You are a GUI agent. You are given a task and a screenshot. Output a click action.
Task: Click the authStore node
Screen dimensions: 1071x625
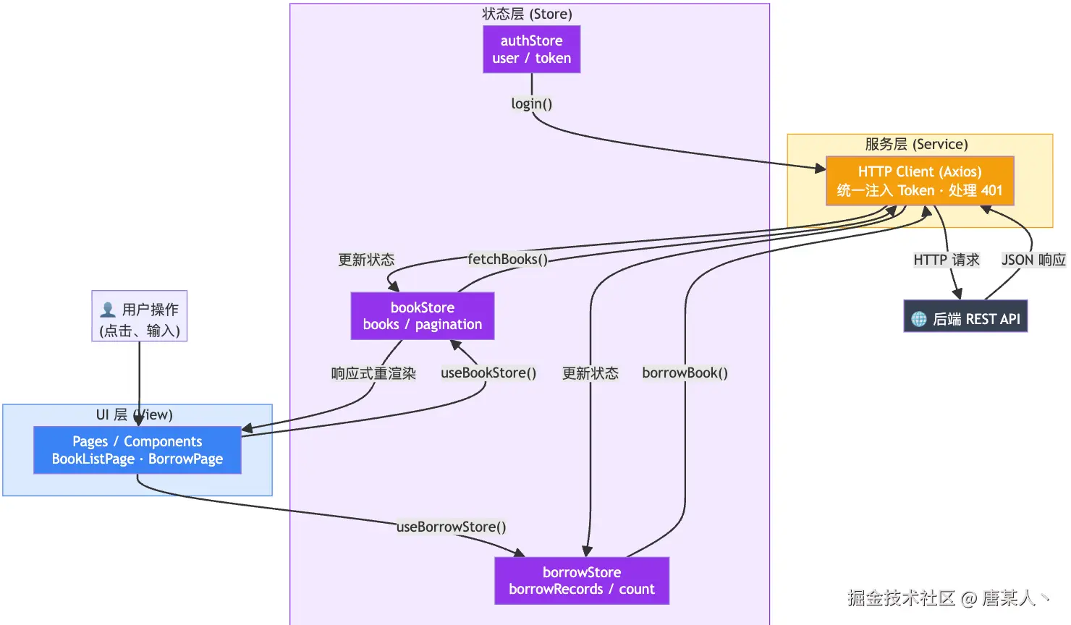click(532, 49)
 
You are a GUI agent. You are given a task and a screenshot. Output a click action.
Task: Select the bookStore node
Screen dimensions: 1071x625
click(423, 316)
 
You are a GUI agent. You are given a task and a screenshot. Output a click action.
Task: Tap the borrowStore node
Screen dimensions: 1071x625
click(582, 581)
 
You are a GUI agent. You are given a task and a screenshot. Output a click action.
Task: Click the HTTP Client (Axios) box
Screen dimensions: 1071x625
click(920, 181)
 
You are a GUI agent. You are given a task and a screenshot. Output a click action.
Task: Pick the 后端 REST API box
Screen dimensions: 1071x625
click(965, 316)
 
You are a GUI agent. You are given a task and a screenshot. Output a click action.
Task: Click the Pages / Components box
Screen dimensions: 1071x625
click(137, 450)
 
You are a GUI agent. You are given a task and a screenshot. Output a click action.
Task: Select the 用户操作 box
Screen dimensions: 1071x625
click(140, 316)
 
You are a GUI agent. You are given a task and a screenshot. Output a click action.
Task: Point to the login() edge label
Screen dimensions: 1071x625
click(532, 103)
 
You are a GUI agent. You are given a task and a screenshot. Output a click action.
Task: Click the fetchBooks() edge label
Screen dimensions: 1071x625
click(507, 259)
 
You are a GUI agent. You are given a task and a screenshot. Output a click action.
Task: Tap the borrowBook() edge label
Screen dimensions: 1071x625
click(685, 373)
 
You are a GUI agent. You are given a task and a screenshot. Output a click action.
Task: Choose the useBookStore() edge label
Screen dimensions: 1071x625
click(488, 373)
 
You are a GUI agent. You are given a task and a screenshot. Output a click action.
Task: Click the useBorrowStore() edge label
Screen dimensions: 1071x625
click(451, 527)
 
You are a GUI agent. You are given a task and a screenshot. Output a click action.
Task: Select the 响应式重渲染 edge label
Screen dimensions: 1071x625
click(373, 373)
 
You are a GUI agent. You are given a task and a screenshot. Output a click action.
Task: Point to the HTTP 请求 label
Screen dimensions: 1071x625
click(947, 260)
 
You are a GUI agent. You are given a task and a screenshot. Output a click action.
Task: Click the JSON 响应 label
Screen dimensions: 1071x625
click(1033, 260)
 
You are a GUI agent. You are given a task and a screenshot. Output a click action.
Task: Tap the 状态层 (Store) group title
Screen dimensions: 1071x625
click(527, 14)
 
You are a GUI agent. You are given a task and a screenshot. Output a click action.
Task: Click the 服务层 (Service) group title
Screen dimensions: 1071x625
click(917, 144)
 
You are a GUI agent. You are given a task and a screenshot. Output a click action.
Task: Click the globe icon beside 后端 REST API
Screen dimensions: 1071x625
click(918, 319)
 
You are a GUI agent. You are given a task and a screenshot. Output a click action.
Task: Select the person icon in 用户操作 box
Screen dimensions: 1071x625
click(108, 310)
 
